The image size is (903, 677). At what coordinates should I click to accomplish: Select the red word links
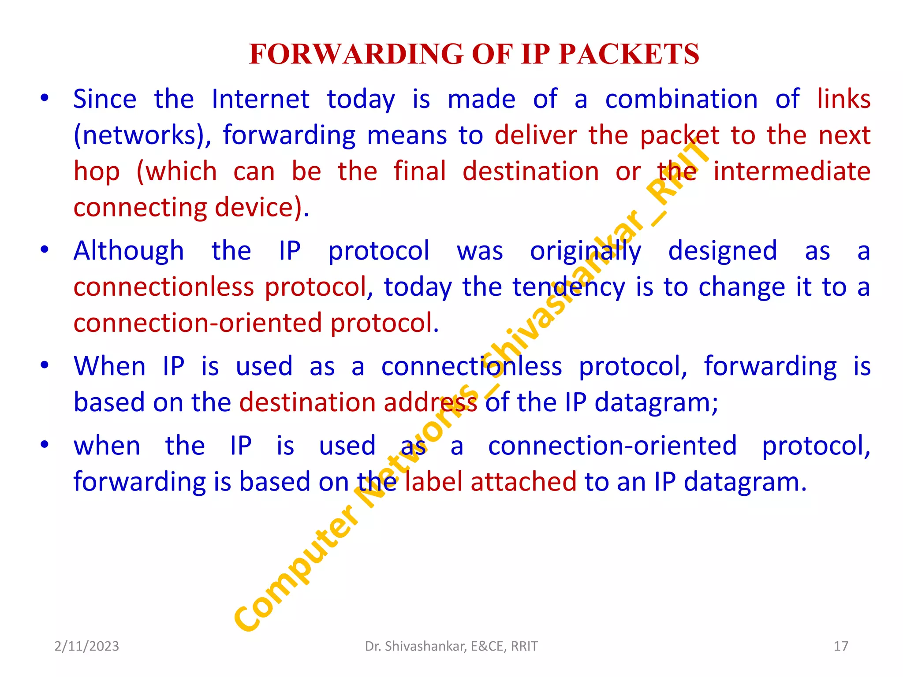(x=843, y=99)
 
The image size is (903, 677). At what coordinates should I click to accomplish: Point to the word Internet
(x=260, y=99)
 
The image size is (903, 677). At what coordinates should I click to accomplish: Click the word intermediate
(x=791, y=171)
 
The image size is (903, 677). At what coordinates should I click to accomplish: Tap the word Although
(x=129, y=251)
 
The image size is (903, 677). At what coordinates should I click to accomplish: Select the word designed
(x=722, y=251)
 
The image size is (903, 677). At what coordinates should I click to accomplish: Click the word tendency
(x=568, y=287)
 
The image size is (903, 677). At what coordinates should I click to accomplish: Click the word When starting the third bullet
(x=109, y=366)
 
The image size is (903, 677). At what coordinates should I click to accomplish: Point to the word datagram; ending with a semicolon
(x=656, y=403)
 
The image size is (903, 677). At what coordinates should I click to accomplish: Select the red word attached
(x=523, y=482)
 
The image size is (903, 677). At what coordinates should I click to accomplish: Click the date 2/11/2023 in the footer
(x=86, y=646)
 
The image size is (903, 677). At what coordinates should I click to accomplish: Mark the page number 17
(x=840, y=646)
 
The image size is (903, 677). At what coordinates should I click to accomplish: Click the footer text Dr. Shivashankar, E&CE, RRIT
(x=451, y=646)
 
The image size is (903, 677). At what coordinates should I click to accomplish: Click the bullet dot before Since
(x=44, y=99)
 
